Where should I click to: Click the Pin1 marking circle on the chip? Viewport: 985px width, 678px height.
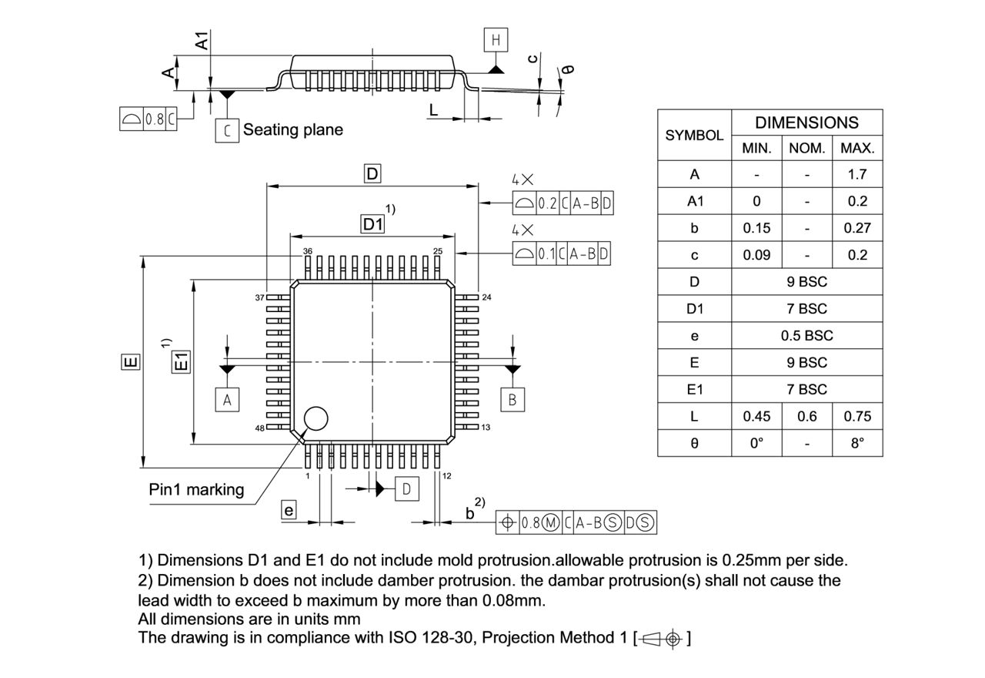(316, 418)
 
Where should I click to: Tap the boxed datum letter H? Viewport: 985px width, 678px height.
(496, 39)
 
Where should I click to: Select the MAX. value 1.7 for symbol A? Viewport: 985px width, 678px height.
(856, 174)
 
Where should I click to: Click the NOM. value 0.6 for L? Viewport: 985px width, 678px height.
(806, 416)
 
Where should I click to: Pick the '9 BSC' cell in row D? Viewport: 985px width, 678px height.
(806, 282)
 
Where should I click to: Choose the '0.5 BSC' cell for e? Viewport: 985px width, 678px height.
(806, 336)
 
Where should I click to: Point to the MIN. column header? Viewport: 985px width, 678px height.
(756, 148)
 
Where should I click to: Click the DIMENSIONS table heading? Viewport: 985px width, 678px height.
(806, 123)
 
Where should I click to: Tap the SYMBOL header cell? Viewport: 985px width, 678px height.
(694, 135)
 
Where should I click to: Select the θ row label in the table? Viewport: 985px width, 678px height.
(694, 444)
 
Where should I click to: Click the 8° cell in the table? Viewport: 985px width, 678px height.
(856, 444)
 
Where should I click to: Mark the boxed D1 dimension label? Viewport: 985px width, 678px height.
(373, 224)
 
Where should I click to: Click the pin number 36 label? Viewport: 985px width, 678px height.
(308, 251)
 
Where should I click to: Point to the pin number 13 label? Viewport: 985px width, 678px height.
(486, 427)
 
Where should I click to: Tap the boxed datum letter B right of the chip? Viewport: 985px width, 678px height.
(513, 399)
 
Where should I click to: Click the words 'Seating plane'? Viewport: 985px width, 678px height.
(293, 129)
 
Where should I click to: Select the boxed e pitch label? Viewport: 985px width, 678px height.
(289, 510)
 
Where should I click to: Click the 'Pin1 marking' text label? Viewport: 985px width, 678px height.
(196, 489)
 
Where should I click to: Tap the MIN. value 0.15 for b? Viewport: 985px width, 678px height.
(756, 228)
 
